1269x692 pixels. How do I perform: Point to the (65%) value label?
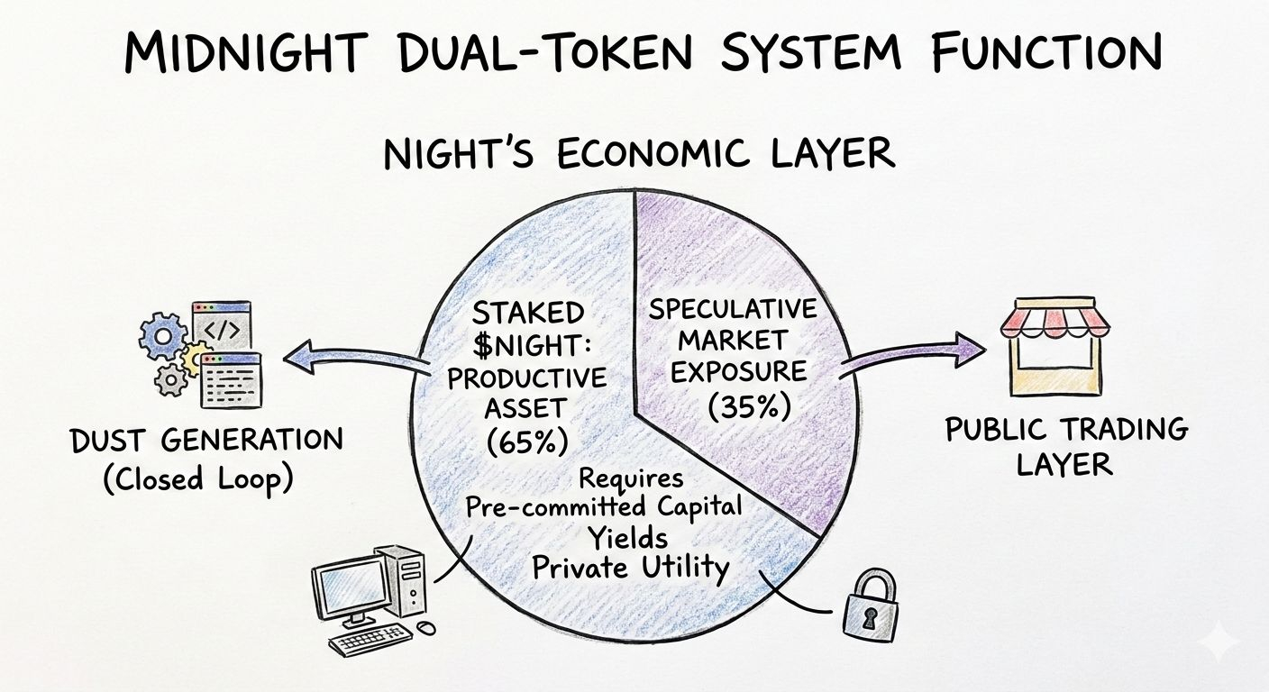point(528,442)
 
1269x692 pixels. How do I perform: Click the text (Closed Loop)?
point(197,478)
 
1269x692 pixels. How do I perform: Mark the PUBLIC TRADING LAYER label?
point(1066,446)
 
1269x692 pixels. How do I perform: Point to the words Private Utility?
point(629,568)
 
